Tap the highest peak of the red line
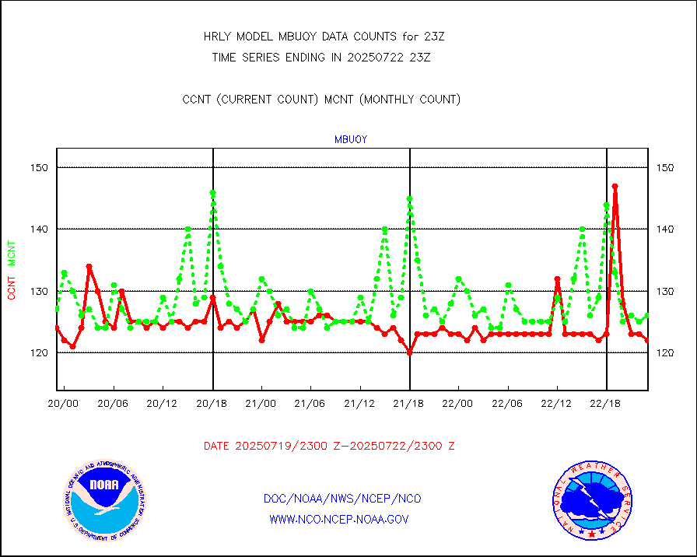tap(615, 187)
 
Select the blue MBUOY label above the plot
tap(350, 139)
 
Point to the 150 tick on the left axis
tap(40, 167)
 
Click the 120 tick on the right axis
tap(665, 352)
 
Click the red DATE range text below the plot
tap(329, 446)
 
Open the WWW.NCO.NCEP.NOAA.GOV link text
tap(338, 519)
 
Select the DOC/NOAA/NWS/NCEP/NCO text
tap(342, 498)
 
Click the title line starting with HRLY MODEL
tap(323, 37)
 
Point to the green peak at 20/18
tap(212, 192)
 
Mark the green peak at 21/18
tap(409, 198)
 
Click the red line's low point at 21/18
tap(409, 352)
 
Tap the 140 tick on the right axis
tap(665, 229)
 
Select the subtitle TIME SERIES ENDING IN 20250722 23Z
tap(321, 57)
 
